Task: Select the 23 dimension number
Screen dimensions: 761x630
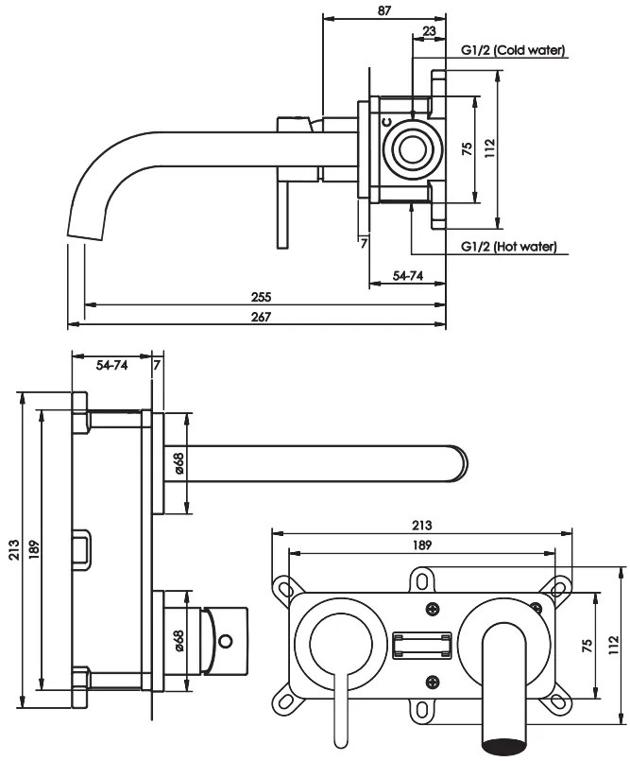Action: click(430, 30)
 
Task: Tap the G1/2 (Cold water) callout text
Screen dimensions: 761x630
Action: click(513, 50)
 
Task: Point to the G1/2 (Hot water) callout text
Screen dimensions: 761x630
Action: click(508, 247)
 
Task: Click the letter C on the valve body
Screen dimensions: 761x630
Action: click(385, 121)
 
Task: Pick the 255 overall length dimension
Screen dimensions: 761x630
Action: click(262, 297)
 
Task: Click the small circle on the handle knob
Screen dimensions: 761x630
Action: click(226, 642)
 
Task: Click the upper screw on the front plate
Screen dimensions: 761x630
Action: click(434, 609)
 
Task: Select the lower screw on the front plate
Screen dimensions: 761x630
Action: click(434, 680)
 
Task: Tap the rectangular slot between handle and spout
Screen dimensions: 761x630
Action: click(420, 646)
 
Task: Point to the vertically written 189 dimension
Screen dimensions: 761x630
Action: click(34, 551)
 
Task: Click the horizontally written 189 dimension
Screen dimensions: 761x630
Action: click(421, 545)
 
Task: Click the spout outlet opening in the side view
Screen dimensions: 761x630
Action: click(83, 234)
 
